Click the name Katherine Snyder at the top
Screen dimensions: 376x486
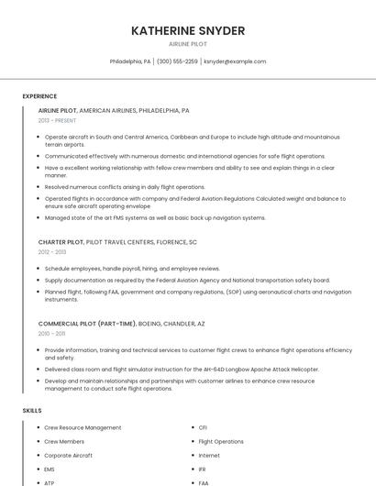point(188,30)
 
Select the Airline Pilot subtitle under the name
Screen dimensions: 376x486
point(188,44)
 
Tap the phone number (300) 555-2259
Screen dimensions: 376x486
point(177,61)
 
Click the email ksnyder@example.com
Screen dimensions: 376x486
point(235,61)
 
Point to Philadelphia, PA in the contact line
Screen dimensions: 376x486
point(130,61)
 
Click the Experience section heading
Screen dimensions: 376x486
point(39,96)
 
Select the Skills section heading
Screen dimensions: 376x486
point(32,410)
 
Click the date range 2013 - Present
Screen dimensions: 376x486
point(57,120)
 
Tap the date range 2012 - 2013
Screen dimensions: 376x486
point(52,252)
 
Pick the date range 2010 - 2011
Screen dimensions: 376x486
point(51,334)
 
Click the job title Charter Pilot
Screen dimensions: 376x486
point(61,242)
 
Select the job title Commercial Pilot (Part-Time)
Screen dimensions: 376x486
point(86,324)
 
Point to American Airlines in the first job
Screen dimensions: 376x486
point(107,110)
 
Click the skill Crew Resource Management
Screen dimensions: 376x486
point(83,427)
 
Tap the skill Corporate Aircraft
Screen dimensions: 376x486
point(69,455)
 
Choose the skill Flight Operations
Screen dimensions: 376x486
point(221,441)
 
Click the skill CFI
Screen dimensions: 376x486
point(203,427)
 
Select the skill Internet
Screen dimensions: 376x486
point(209,455)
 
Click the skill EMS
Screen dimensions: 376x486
point(50,469)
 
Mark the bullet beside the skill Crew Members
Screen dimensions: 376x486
point(36,441)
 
